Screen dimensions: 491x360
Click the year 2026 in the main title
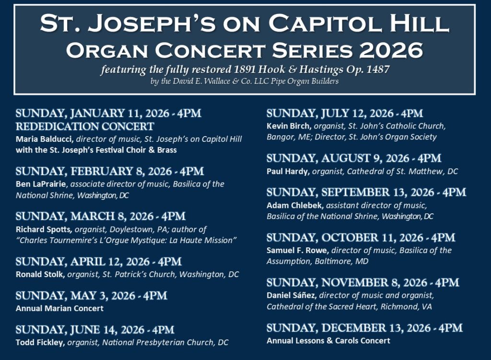pyautogui.click(x=391, y=50)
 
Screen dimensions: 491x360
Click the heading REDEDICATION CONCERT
pyautogui.click(x=85, y=126)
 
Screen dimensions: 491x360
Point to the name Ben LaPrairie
pyautogui.click(x=41, y=184)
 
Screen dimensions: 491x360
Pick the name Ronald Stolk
pyautogui.click(x=40, y=275)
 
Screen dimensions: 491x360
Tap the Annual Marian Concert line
pyautogui.click(x=59, y=308)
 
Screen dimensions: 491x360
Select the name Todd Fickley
pyautogui.click(x=40, y=342)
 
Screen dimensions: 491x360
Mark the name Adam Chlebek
pyautogui.click(x=295, y=205)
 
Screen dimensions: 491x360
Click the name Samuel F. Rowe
pyautogui.click(x=297, y=250)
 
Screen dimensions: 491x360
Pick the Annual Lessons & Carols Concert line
pyautogui.click(x=328, y=341)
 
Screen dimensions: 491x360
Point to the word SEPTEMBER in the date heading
pyautogui.click(x=355, y=192)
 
